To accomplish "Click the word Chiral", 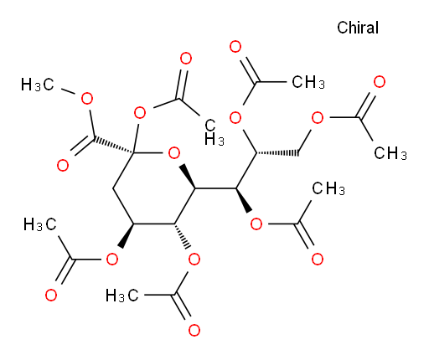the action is pyautogui.click(x=358, y=28).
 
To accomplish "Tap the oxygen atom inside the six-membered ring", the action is pyautogui.click(x=174, y=153).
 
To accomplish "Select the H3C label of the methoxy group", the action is pyautogui.click(x=38, y=85).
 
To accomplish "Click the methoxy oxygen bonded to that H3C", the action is pyautogui.click(x=87, y=98).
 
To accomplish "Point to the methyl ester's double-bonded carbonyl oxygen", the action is pyautogui.click(x=63, y=165).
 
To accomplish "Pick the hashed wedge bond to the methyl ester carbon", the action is pyautogui.click(x=113, y=145).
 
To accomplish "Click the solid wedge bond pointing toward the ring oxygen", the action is pyautogui.click(x=187, y=177).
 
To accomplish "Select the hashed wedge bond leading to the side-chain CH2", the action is pyautogui.click(x=277, y=153).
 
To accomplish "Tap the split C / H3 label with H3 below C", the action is pyautogui.click(x=214, y=132).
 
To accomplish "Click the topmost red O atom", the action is pyautogui.click(x=235, y=47).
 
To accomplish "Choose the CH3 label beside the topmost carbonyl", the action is pyautogui.click(x=308, y=82).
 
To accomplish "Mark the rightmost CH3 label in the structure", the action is pyautogui.click(x=390, y=153).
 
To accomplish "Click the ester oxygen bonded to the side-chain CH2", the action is pyautogui.click(x=318, y=118).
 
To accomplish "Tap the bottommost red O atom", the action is pyautogui.click(x=194, y=330).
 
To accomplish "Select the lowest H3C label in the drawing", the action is pyautogui.click(x=122, y=296).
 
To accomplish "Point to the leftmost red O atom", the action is pyautogui.click(x=51, y=295).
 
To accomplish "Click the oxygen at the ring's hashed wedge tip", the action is pyautogui.click(x=194, y=260).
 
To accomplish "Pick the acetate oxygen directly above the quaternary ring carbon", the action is pyautogui.click(x=140, y=113).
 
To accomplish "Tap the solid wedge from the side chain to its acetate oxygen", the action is pyautogui.click(x=244, y=200).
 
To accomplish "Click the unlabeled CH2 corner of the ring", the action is pyautogui.click(x=113, y=188).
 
